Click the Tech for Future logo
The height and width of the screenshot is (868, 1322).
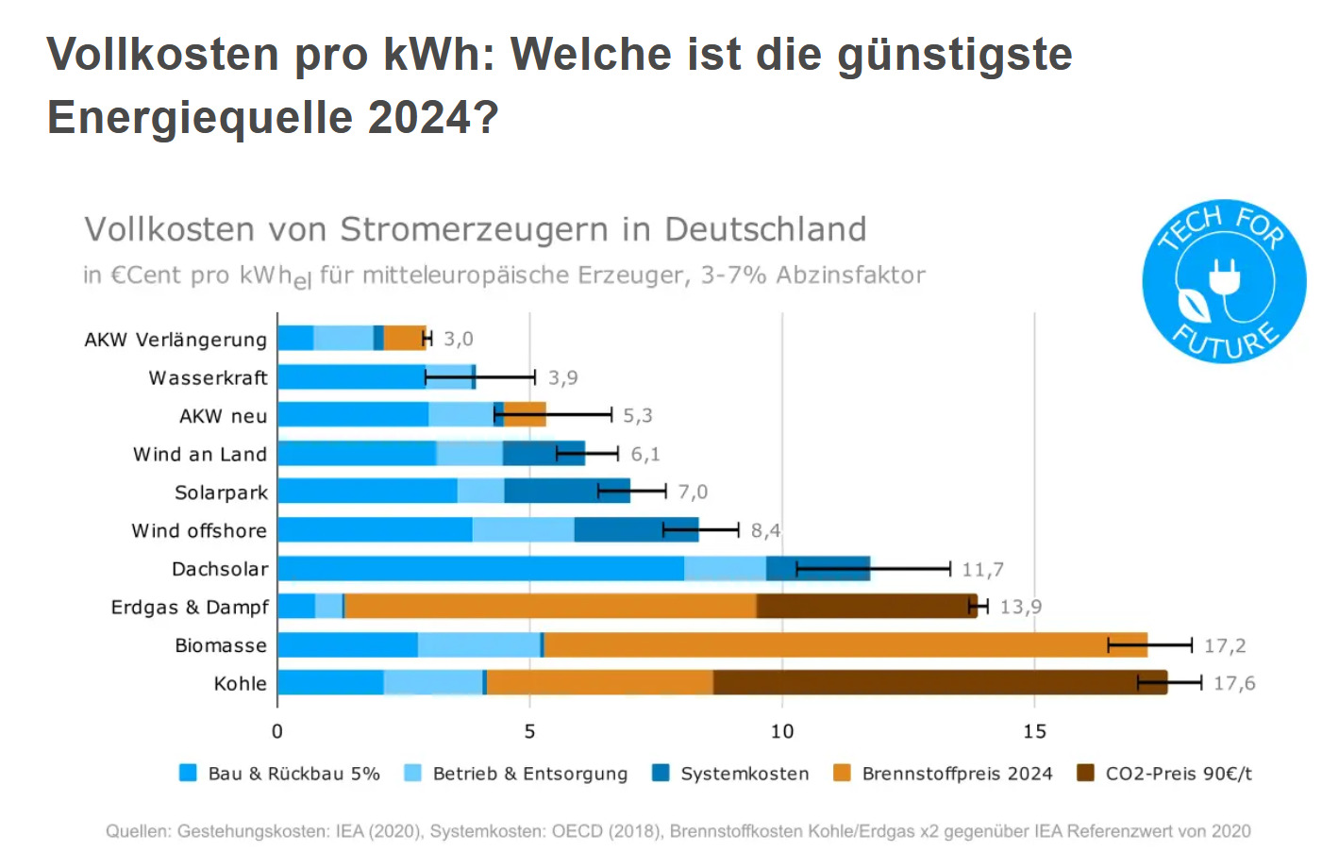click(1224, 281)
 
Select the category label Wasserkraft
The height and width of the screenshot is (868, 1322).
click(208, 378)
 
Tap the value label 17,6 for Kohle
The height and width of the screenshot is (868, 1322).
click(1234, 683)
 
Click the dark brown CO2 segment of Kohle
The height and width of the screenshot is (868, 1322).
click(925, 682)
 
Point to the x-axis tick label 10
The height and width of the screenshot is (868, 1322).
click(781, 731)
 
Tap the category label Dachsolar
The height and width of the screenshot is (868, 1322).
click(220, 569)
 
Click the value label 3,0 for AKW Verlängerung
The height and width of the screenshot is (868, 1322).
click(459, 339)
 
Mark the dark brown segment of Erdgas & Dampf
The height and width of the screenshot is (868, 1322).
click(863, 606)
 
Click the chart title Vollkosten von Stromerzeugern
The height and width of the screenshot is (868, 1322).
click(475, 229)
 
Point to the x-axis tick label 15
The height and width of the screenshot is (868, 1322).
click(1034, 731)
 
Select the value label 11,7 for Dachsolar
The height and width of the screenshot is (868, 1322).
click(982, 570)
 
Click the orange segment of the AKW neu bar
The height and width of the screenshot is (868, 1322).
click(526, 414)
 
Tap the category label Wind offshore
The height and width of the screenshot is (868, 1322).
click(199, 531)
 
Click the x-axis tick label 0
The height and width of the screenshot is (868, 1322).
click(276, 731)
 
